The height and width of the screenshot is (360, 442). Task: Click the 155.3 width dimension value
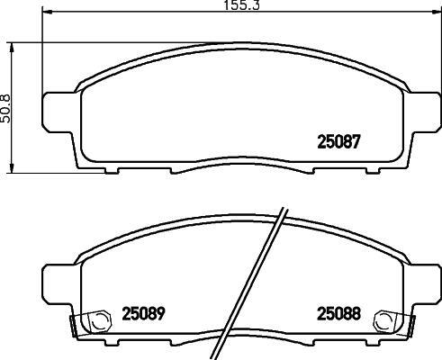242,5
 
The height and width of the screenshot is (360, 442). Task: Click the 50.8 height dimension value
5,108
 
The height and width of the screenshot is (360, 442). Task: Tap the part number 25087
338,141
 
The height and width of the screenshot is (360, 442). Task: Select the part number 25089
144,314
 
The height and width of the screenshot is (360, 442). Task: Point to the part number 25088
338,314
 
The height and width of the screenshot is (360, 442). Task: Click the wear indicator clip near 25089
99,321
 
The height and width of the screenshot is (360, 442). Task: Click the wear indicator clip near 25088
384,321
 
